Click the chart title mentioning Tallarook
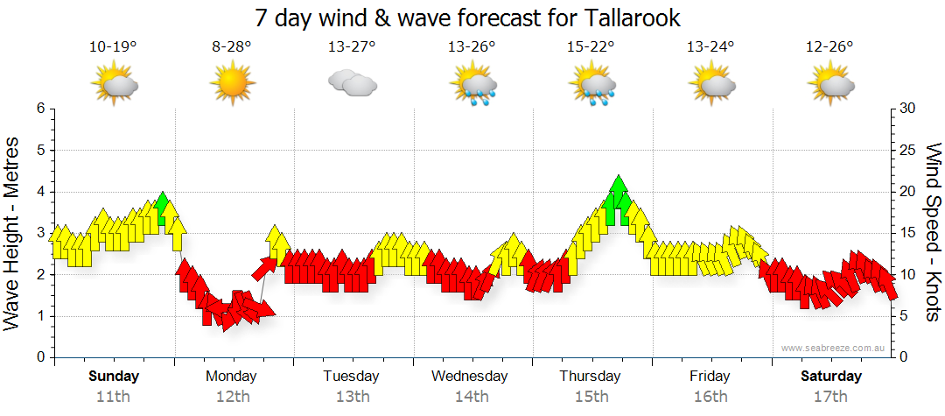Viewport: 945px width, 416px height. pos(467,18)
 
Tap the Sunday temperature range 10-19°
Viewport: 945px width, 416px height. pos(113,47)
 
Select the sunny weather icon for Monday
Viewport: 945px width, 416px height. pos(232,84)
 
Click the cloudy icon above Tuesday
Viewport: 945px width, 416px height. pos(352,84)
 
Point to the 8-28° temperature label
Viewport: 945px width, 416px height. pos(232,47)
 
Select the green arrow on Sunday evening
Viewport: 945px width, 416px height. pos(161,208)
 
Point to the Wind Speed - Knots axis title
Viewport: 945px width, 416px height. pos(932,232)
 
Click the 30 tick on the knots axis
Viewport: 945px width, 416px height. pos(907,109)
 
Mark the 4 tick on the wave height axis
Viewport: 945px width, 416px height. pos(39,192)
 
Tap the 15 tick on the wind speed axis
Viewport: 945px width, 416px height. pos(907,233)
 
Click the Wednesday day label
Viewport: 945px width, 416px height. pos(470,377)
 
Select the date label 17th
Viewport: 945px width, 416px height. pos(830,397)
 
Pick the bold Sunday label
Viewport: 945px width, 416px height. pos(114,377)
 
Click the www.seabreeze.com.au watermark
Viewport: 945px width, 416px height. pos(835,349)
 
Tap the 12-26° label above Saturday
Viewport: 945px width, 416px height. pos(829,47)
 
